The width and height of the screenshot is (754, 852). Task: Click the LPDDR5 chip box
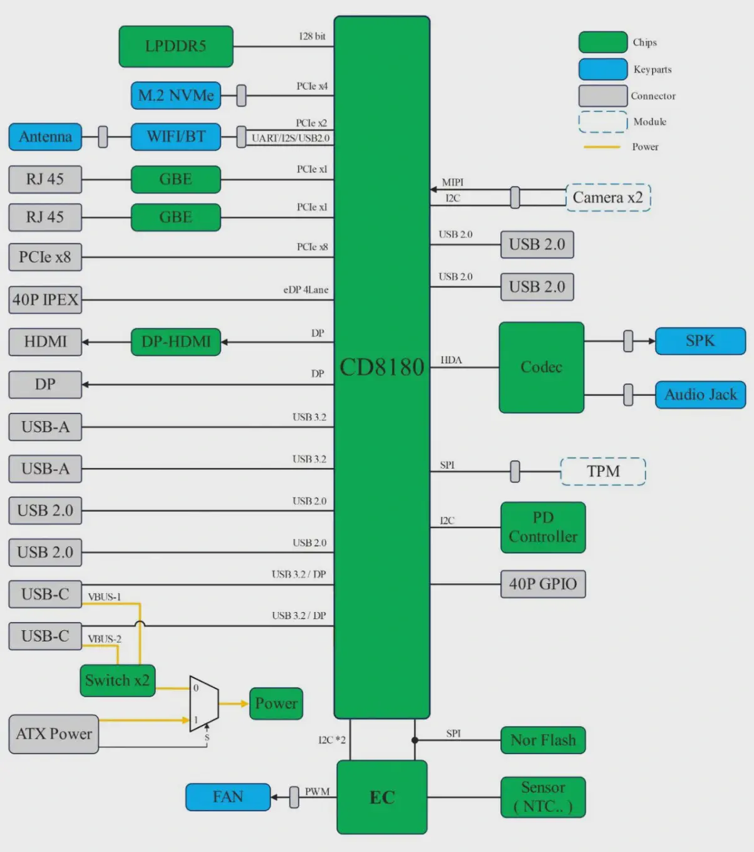coord(176,46)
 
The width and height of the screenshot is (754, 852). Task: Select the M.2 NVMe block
coord(176,96)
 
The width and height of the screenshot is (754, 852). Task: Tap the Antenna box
coord(45,137)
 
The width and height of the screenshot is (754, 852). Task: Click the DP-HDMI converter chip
coord(176,342)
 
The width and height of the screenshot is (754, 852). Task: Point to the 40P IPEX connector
coord(45,300)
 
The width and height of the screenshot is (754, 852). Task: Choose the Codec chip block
coord(542,367)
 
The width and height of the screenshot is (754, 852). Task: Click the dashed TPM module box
coord(603,472)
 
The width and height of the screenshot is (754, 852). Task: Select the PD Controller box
coord(543,527)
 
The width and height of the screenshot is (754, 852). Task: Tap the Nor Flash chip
coord(543,740)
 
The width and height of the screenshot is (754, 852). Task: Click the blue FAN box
coord(228,797)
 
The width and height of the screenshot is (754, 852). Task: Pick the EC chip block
coord(382,797)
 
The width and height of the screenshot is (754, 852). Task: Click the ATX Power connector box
coord(54,734)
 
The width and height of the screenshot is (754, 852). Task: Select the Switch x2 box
coord(118,681)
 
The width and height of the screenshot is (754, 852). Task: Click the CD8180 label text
coord(382,367)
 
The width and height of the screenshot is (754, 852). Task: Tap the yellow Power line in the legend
coord(602,147)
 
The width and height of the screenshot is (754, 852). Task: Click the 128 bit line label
coord(312,36)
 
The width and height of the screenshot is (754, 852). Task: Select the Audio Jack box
coord(701,395)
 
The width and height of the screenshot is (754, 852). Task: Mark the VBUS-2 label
coord(105,639)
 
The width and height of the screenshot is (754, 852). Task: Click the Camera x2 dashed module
coord(608,198)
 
